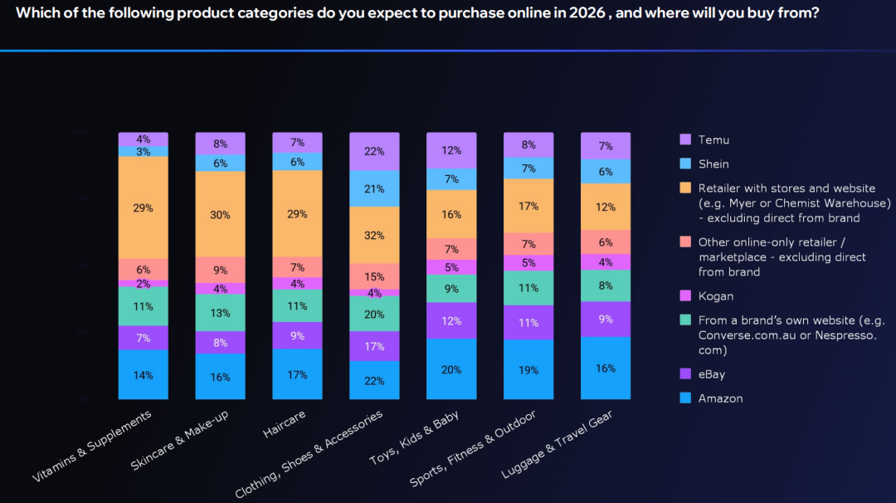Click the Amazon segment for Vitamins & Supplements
click(x=143, y=374)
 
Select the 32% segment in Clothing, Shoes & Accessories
click(x=374, y=235)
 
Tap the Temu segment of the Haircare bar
click(x=297, y=143)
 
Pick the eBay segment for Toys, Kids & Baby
click(x=451, y=320)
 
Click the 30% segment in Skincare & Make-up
click(x=220, y=214)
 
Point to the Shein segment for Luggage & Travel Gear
click(x=606, y=171)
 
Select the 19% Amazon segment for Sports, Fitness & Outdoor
click(x=528, y=369)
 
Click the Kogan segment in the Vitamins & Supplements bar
click(x=143, y=284)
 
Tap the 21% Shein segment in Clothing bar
click(x=374, y=188)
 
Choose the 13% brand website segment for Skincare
click(x=220, y=313)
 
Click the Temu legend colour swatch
click(x=685, y=139)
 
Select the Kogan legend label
click(x=716, y=296)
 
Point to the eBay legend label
click(x=712, y=374)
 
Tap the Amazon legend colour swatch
click(x=685, y=398)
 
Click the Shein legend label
click(x=713, y=164)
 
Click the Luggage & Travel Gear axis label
click(x=558, y=444)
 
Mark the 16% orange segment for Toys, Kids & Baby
click(x=451, y=214)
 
